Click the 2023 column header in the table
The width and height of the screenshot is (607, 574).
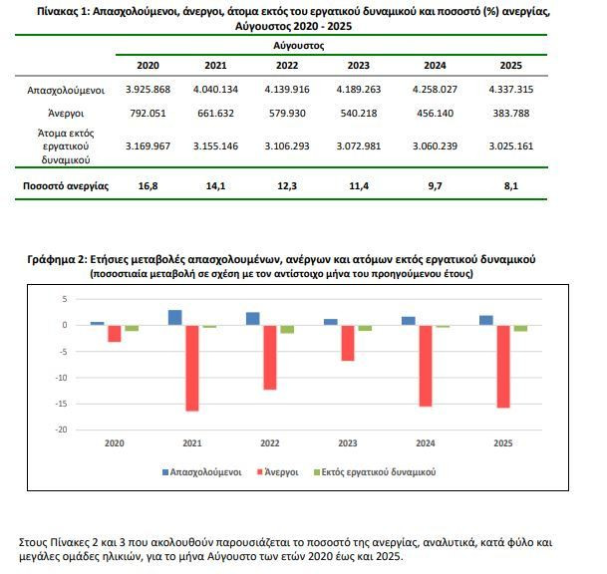358,66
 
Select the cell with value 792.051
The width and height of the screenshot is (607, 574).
148,114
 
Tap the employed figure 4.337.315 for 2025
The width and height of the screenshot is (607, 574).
511,90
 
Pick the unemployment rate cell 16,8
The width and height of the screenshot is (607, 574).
148,186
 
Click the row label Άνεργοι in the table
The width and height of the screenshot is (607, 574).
66,114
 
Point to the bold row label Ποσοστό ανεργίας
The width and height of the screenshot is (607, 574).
66,186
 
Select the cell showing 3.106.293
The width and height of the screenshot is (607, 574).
287,146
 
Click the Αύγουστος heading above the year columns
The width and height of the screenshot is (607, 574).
298,46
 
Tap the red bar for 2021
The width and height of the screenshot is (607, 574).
192,368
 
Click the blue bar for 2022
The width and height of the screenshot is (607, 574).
253,319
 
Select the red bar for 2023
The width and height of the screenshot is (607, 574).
348,343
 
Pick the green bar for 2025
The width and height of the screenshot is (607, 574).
520,328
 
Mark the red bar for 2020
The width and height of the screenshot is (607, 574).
115,334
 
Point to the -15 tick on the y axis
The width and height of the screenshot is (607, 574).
61,404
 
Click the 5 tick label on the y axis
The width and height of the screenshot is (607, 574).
65,299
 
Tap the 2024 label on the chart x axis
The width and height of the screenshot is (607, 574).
426,443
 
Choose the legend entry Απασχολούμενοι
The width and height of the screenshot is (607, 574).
201,472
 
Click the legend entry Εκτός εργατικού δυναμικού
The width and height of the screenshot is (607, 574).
375,472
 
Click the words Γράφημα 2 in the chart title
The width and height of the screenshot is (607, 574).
55,259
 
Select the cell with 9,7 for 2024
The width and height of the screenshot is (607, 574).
435,186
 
